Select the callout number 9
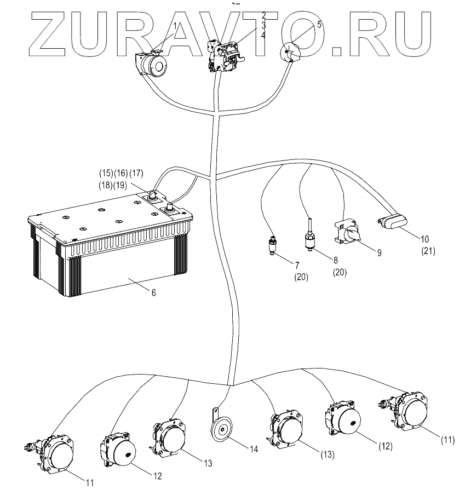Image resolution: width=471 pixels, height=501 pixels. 379,252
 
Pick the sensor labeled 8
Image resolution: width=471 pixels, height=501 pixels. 311,239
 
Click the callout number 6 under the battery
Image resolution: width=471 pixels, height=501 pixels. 153,292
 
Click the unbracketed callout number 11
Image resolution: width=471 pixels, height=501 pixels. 89,482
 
